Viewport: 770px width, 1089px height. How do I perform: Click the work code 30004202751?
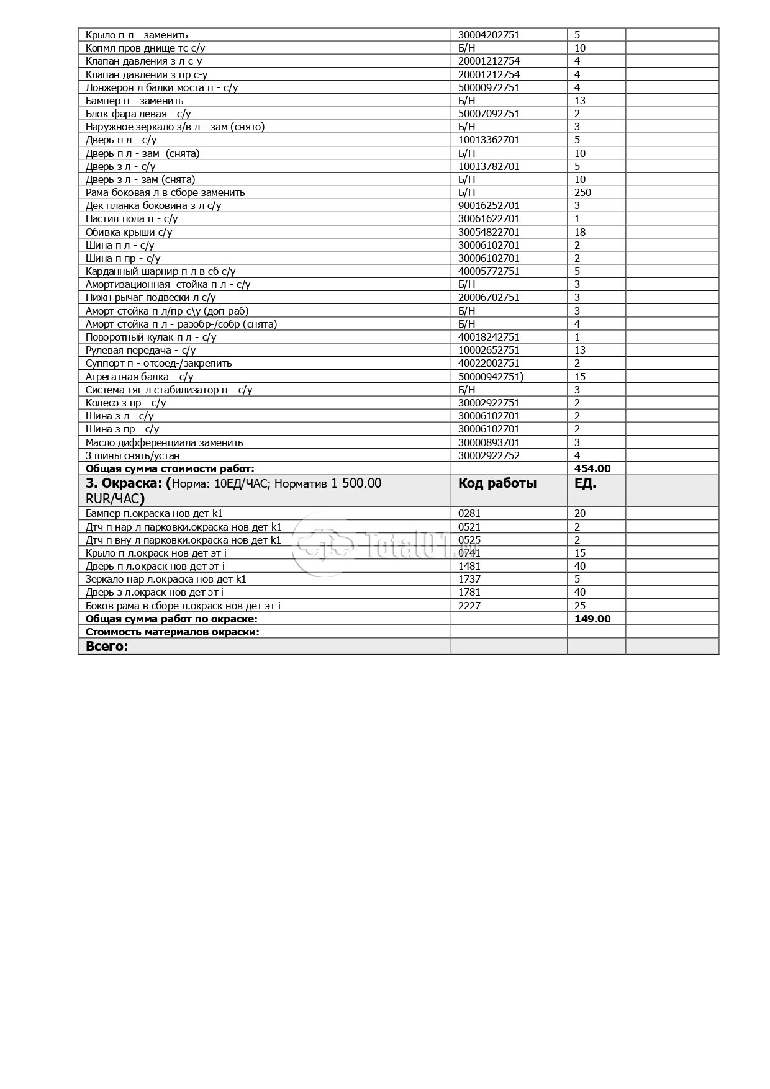489,35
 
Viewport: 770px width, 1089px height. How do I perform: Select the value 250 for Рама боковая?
582,192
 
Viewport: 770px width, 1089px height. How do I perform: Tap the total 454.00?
592,468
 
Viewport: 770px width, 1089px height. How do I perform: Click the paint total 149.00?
592,619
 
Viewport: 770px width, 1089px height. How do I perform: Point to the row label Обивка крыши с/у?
129,232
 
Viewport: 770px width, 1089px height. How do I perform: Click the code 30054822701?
489,232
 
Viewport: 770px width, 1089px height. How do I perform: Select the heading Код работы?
497,483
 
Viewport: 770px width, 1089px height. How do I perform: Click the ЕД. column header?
585,483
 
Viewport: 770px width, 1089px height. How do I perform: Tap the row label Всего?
107,646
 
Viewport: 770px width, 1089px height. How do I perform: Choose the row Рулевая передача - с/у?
140,350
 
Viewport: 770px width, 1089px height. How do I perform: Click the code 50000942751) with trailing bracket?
491,377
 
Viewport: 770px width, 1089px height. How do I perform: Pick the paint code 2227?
469,606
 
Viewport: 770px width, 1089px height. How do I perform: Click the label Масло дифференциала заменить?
164,442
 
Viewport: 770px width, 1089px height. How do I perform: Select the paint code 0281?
469,513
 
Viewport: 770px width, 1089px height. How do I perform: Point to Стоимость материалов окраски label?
173,632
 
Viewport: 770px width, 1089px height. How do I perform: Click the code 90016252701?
489,205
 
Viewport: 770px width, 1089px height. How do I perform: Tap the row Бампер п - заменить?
134,101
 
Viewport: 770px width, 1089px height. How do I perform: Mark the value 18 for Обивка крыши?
580,232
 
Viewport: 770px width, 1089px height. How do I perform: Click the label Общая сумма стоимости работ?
170,468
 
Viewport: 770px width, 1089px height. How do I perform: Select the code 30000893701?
489,442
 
